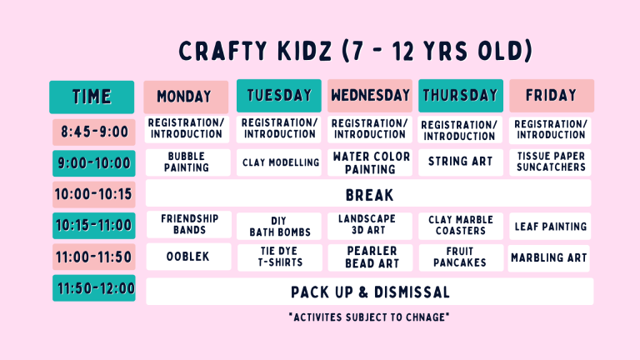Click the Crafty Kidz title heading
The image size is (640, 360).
click(356, 51)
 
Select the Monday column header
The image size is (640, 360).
click(186, 97)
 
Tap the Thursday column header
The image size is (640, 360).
click(460, 96)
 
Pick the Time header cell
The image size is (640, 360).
click(92, 97)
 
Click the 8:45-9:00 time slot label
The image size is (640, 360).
click(94, 132)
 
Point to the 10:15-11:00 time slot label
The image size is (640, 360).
click(94, 226)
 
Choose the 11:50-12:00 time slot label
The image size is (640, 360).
click(94, 288)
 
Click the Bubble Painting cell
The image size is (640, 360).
click(187, 162)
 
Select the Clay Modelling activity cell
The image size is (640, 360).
click(279, 162)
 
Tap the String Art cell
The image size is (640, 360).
click(460, 162)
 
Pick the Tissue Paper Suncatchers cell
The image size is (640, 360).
click(550, 162)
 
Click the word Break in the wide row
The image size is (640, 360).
click(369, 196)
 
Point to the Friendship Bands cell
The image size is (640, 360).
click(189, 224)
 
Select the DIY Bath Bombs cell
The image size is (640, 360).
click(279, 226)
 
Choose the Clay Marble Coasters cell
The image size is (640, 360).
click(460, 226)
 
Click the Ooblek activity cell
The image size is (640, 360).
click(188, 257)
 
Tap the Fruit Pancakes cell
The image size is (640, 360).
click(460, 257)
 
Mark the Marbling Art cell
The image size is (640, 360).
click(549, 258)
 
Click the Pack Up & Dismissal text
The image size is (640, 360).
click(370, 292)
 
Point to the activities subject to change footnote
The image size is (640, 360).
click(369, 317)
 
